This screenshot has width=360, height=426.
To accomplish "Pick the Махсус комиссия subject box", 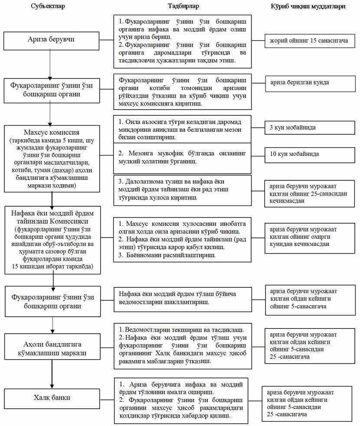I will click(52, 158).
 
